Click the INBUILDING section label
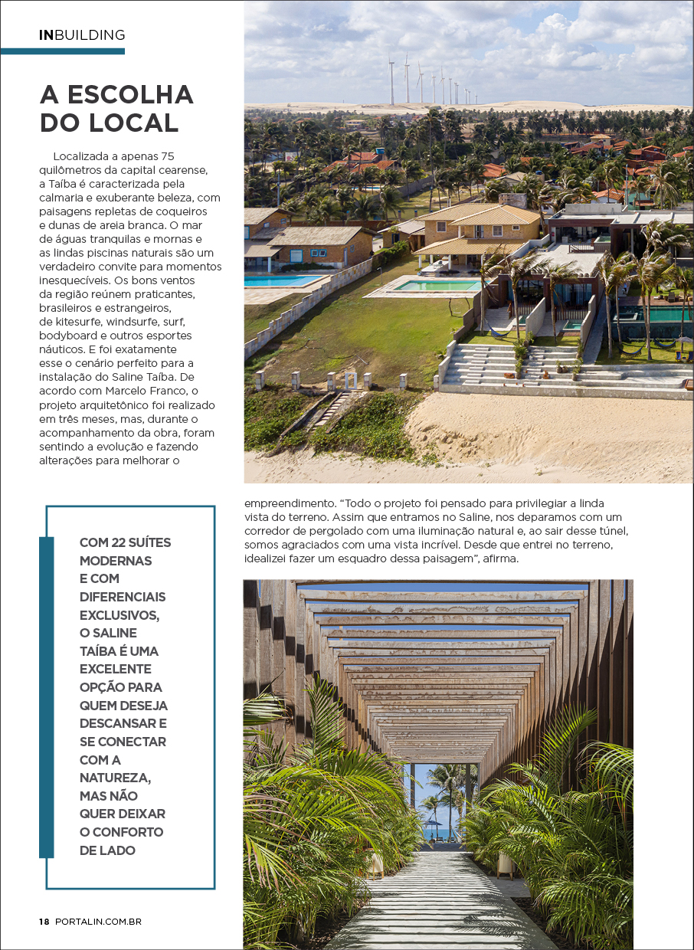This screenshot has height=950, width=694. click(x=82, y=35)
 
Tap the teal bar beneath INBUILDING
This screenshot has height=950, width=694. click(x=62, y=51)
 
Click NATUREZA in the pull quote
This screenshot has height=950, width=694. click(x=115, y=778)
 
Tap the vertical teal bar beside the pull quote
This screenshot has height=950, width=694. click(x=47, y=696)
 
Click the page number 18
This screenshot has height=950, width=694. click(x=44, y=922)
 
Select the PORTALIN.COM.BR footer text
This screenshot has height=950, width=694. click(x=98, y=922)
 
